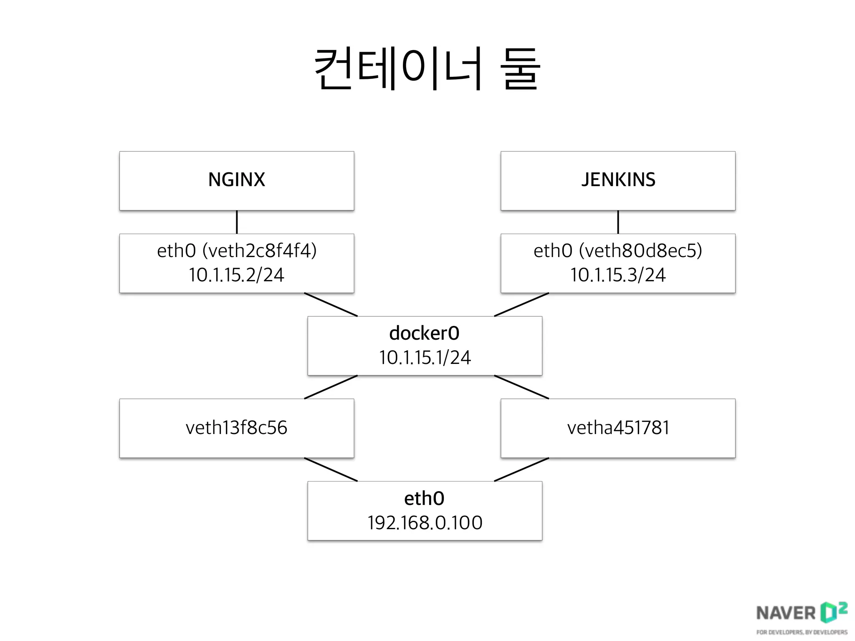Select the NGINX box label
point(236,180)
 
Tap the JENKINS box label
point(618,180)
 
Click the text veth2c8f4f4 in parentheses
point(260,251)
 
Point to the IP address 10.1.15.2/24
point(236,275)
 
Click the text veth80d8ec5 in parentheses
point(641,251)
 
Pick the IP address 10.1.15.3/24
point(618,275)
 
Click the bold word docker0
point(424,333)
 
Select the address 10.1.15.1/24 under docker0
point(425,358)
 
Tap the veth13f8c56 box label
point(236,428)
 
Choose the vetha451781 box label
point(618,428)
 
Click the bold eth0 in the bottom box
point(424,499)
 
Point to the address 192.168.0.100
point(425,523)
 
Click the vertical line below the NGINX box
point(237,222)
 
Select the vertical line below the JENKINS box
point(618,222)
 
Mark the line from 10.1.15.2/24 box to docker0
point(331,305)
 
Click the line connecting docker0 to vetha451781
point(521,387)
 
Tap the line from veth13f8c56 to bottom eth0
point(331,469)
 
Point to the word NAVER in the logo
point(785,613)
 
